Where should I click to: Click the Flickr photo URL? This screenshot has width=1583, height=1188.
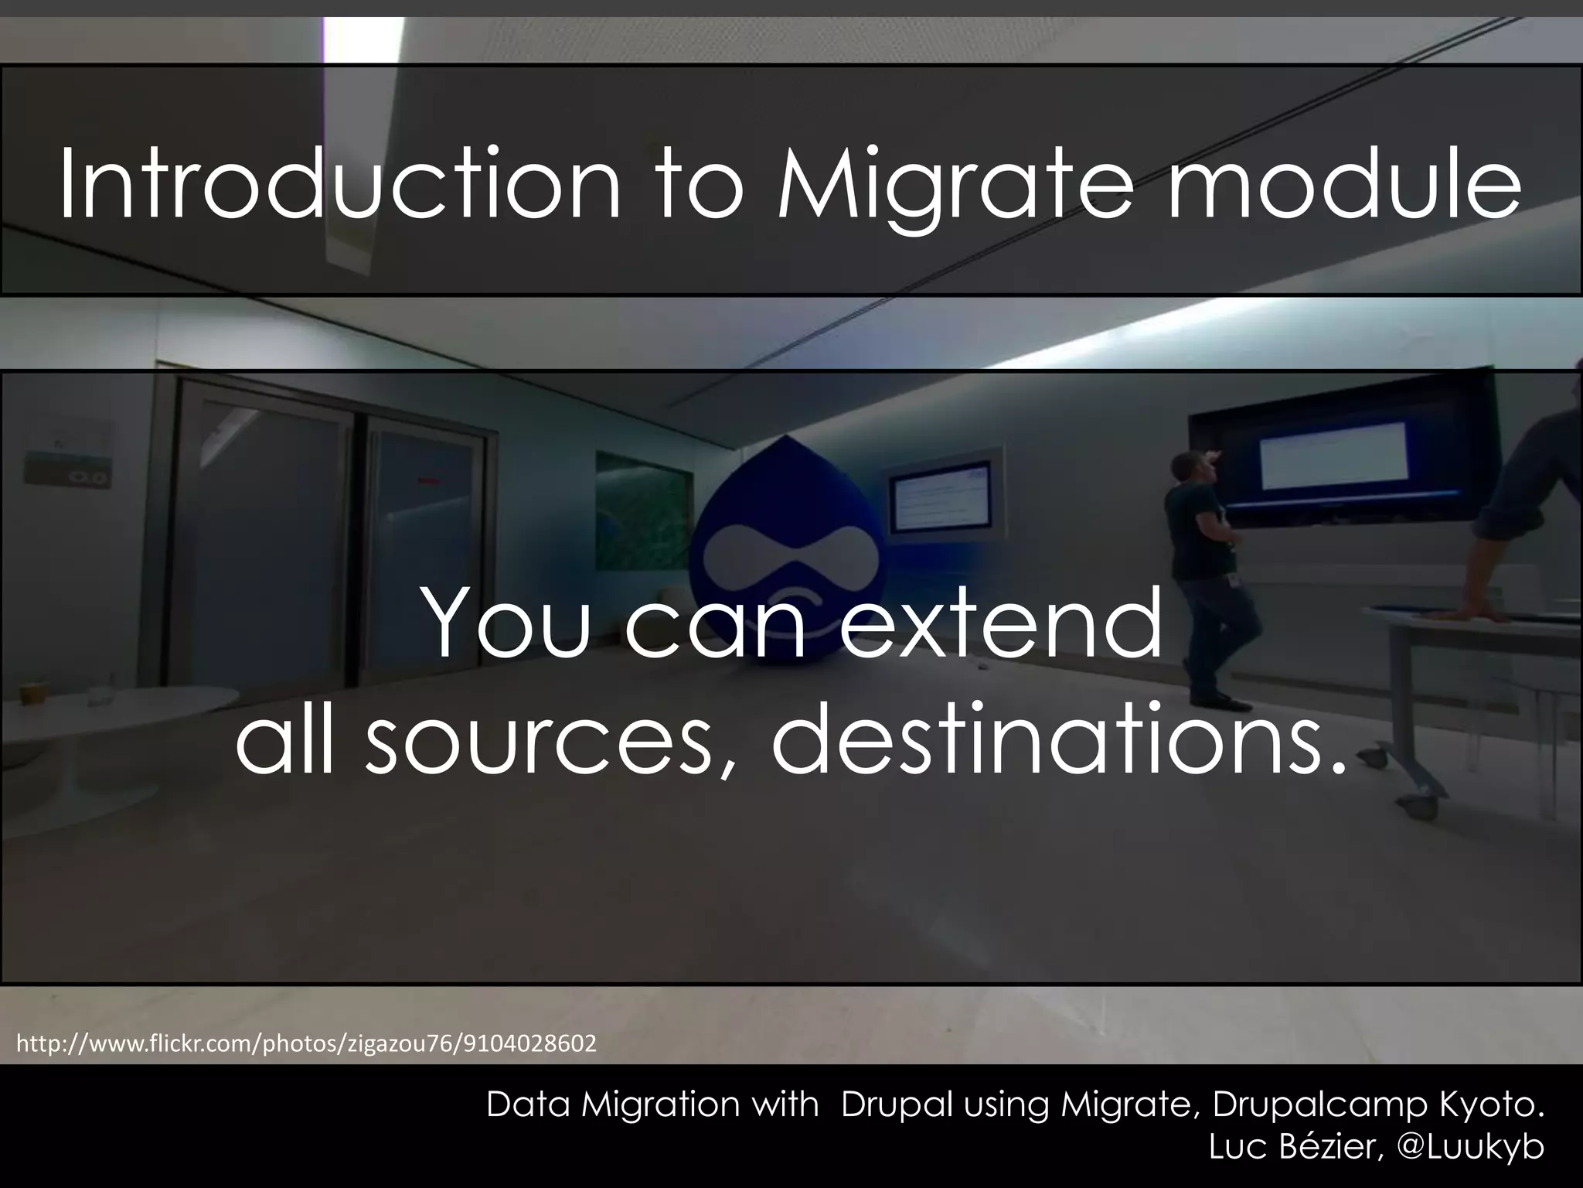(306, 1044)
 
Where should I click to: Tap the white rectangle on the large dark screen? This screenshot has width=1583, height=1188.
(1333, 455)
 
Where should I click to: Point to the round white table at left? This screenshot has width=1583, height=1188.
(108, 712)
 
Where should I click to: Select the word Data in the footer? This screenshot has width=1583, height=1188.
(529, 1105)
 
